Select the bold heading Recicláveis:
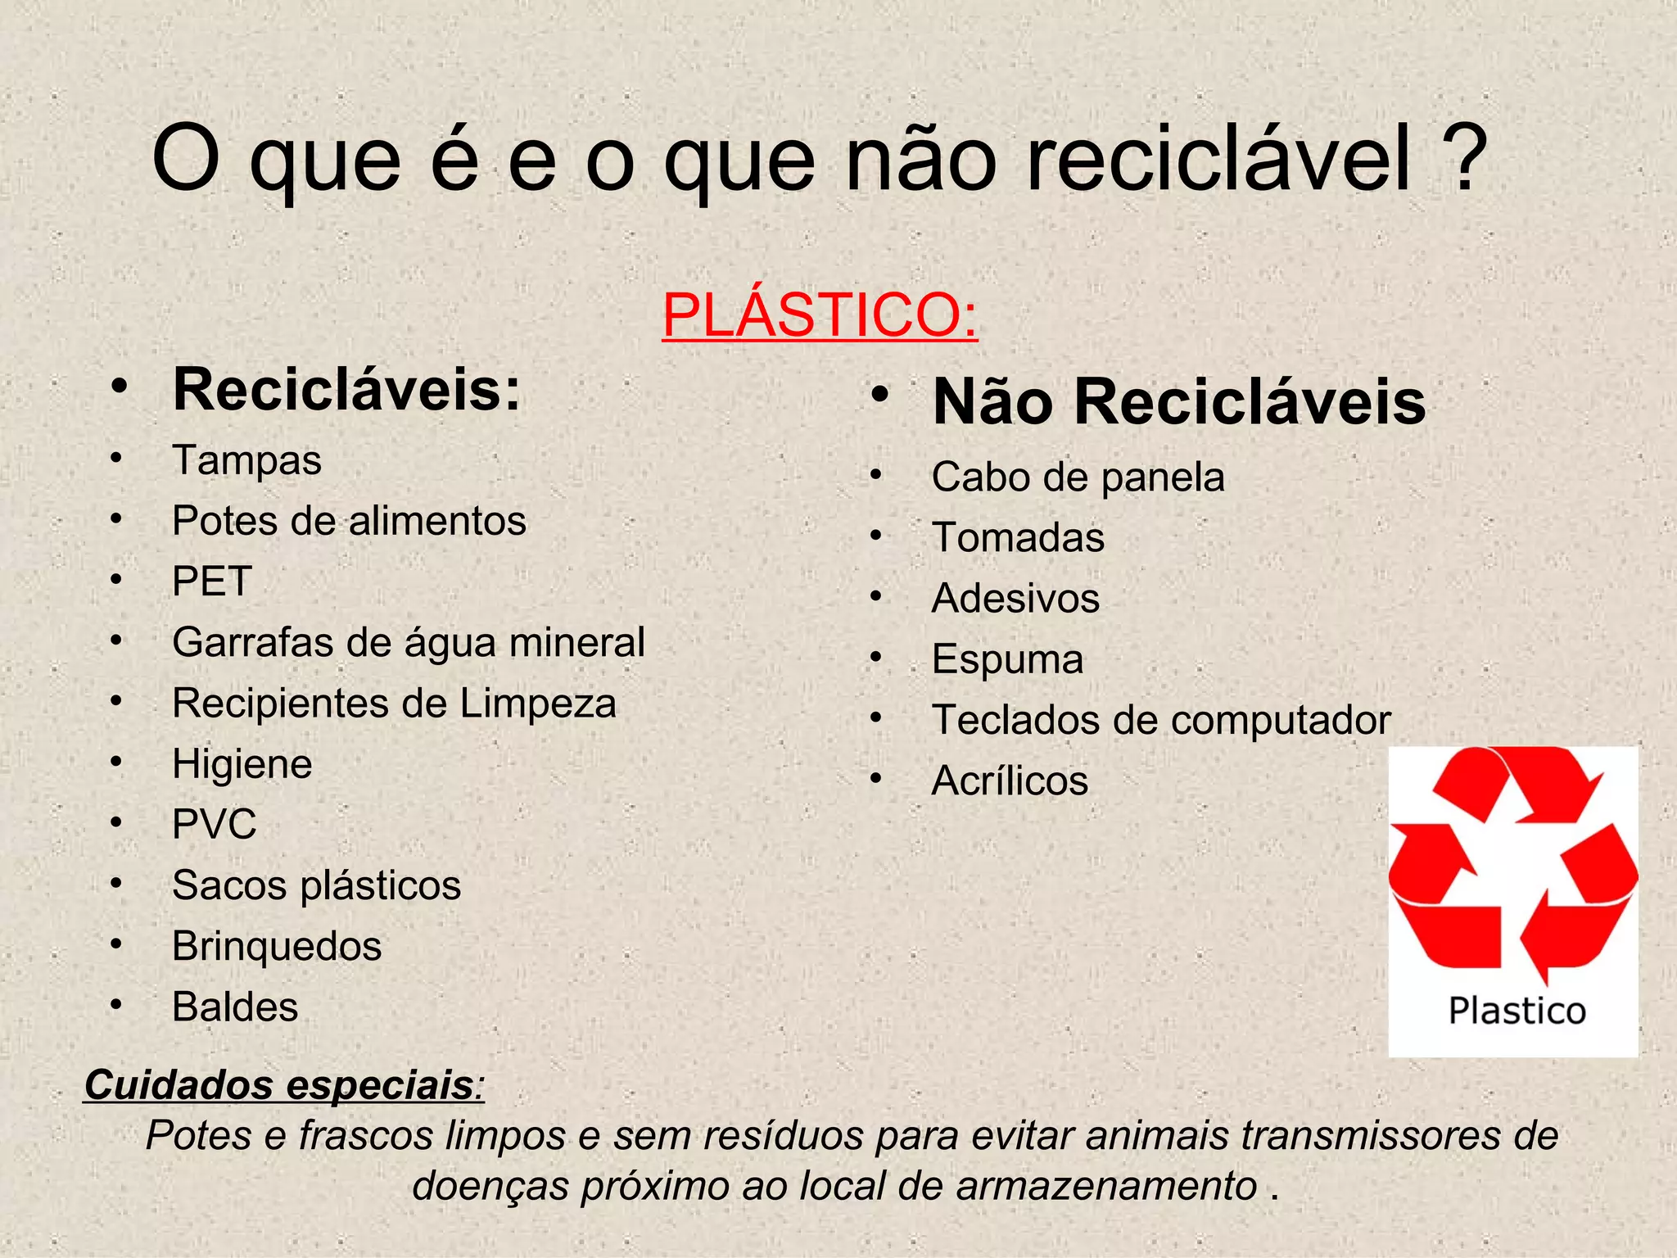point(346,390)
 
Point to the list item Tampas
point(246,460)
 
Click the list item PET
point(211,581)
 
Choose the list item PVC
point(214,824)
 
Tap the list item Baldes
point(235,1007)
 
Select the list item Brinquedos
point(277,946)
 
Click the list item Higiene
point(242,764)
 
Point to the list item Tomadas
point(1018,538)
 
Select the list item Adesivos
point(1015,599)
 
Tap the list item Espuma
point(1007,659)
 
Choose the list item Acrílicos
point(1010,781)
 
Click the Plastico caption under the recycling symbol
point(1517,1011)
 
